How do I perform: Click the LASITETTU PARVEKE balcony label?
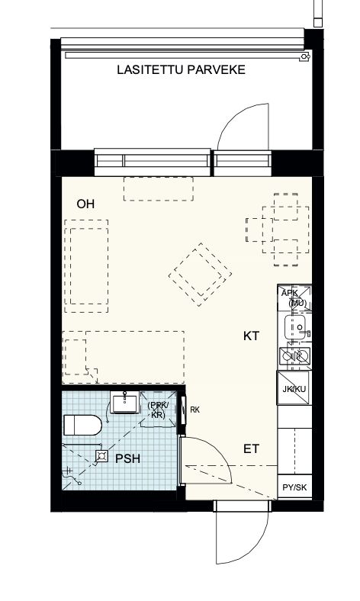(x=181, y=69)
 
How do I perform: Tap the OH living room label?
(x=85, y=204)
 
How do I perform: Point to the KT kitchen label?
(x=251, y=336)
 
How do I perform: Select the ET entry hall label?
(x=251, y=448)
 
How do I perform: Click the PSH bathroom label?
(x=127, y=458)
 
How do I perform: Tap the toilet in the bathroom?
(x=82, y=425)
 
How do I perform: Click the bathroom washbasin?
(x=124, y=402)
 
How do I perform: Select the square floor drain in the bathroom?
(x=101, y=456)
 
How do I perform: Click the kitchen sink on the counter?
(x=295, y=327)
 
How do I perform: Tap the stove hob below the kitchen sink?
(x=294, y=357)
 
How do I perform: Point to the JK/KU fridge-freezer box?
(x=294, y=388)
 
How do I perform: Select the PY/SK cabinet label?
(x=294, y=487)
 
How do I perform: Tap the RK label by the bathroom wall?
(x=194, y=410)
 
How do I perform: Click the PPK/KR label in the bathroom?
(x=158, y=410)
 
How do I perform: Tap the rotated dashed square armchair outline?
(x=200, y=275)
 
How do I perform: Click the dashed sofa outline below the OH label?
(x=86, y=266)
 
